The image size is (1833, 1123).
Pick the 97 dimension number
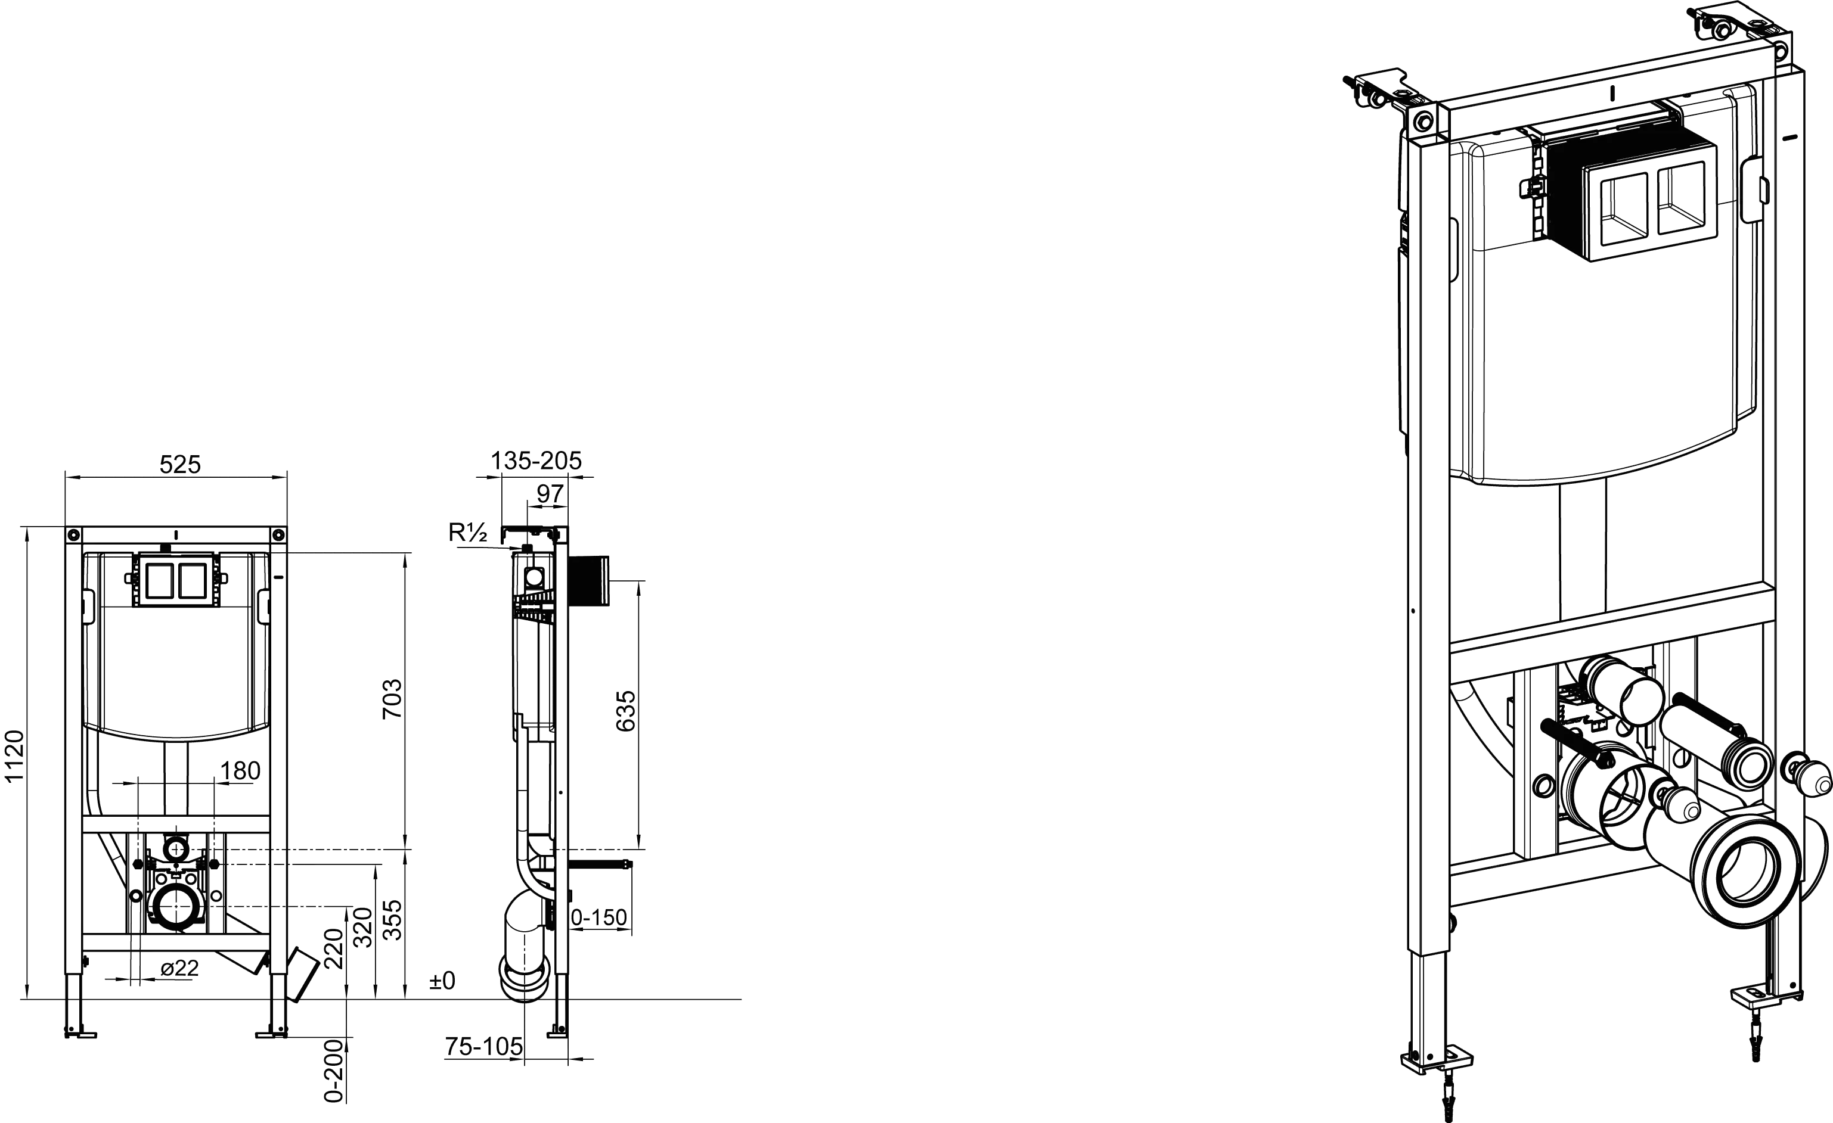pyautogui.click(x=550, y=493)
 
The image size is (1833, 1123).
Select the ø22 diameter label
pyautogui.click(x=180, y=968)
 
